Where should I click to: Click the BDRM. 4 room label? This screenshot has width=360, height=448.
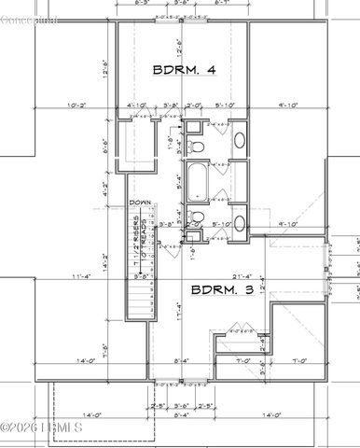tap(184, 69)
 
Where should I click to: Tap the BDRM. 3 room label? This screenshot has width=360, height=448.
tap(221, 290)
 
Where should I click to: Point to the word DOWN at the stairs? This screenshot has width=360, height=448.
tap(141, 203)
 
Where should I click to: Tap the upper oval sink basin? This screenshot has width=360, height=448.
tap(238, 142)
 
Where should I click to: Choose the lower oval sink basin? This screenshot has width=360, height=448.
tap(238, 223)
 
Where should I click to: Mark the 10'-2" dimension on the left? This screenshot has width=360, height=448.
tap(77, 105)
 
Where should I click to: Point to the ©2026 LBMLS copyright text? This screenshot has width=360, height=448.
tap(45, 428)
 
